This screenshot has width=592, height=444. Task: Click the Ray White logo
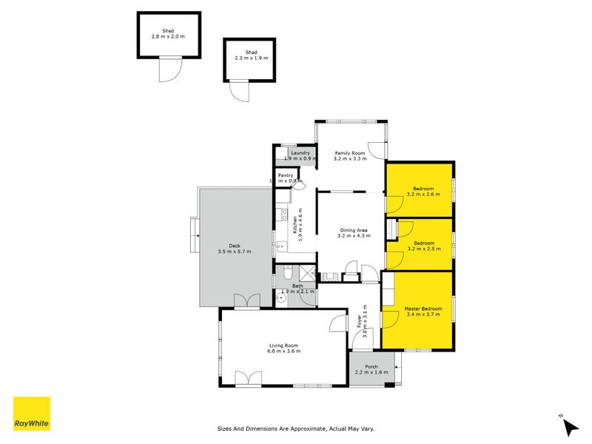coord(32,414)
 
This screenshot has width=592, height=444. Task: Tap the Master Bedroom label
coord(423,308)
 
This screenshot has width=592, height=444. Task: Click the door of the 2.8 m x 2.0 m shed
coord(169,70)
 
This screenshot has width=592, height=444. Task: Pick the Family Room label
coord(349,153)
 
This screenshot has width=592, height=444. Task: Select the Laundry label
coord(300,152)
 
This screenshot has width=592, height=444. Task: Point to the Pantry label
coord(286,175)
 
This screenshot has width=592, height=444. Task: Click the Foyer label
coord(360,321)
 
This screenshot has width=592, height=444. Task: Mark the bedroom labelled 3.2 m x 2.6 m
coord(423,191)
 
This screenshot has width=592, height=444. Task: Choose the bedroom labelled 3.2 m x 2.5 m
coord(423,244)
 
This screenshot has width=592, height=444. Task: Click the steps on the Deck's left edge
coord(194,235)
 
